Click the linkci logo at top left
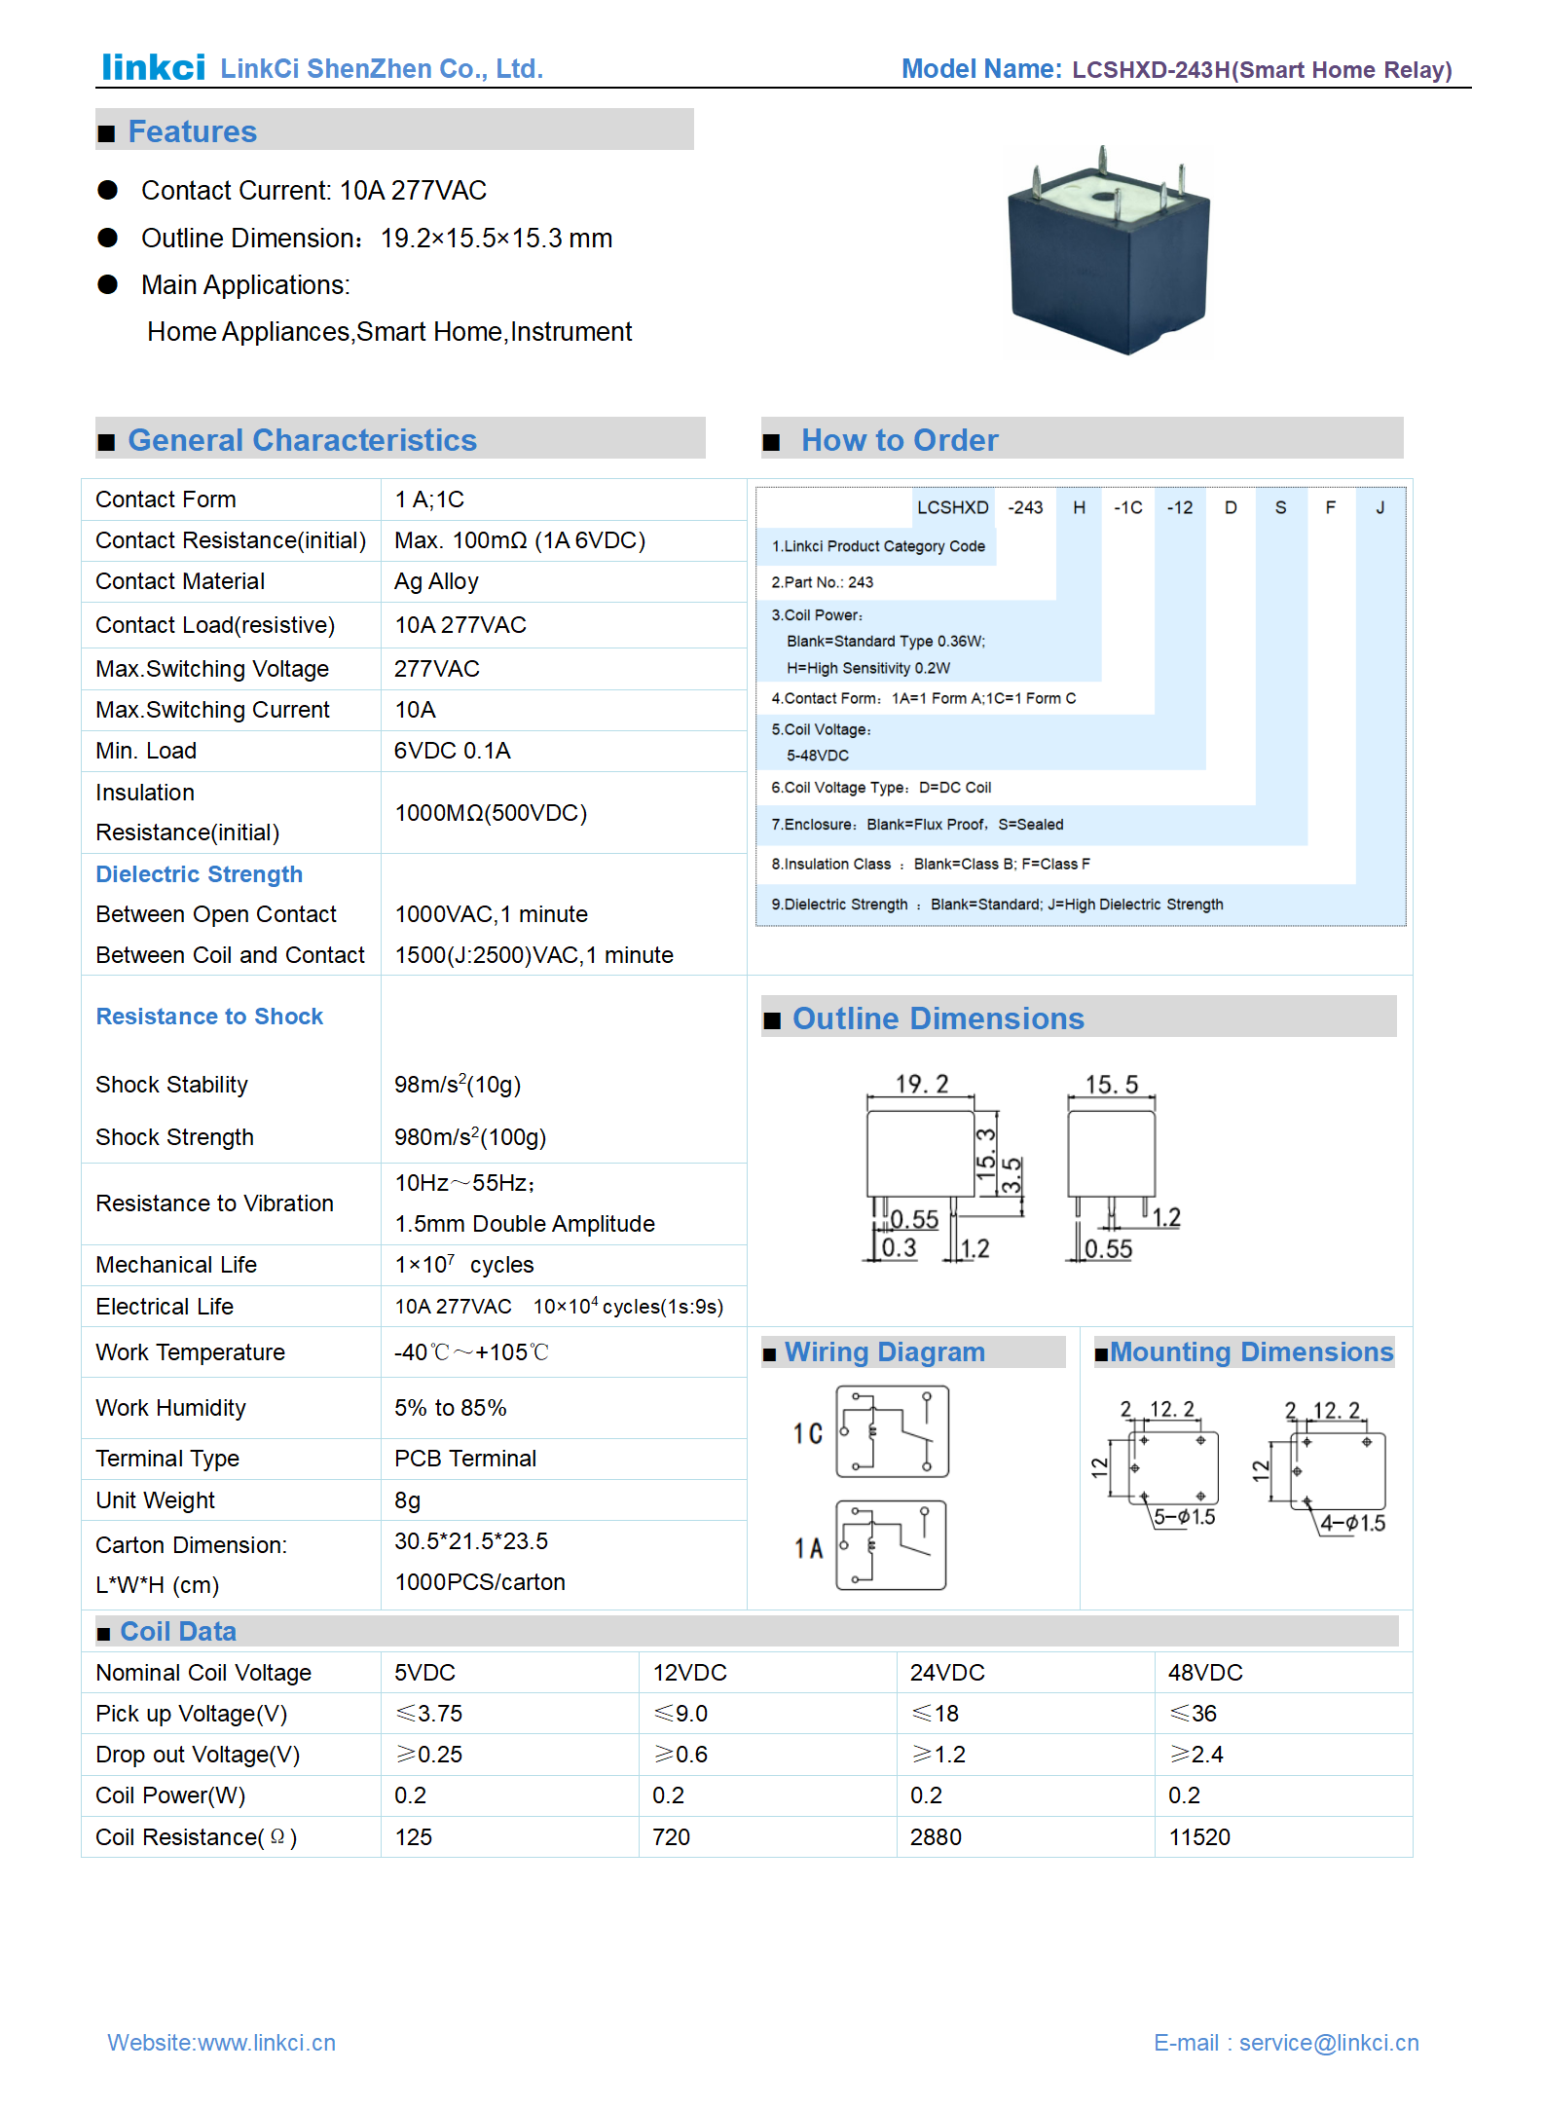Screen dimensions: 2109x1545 (x=154, y=67)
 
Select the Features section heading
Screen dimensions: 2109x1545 (x=192, y=131)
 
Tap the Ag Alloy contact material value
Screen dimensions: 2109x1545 (x=436, y=581)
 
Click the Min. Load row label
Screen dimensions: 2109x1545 (x=146, y=751)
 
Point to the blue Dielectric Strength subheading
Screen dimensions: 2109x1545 (x=199, y=874)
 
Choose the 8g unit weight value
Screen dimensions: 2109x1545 (x=407, y=1500)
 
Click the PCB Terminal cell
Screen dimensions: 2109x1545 (x=464, y=1459)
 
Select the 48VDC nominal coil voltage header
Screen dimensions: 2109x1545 (x=1204, y=1673)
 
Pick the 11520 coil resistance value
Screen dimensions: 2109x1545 (x=1198, y=1837)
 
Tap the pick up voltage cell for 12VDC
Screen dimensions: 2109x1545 (x=681, y=1714)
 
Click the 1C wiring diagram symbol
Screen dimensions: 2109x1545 (x=892, y=1432)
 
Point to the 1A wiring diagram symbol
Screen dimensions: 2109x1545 (x=890, y=1545)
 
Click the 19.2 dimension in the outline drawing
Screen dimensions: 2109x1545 (x=921, y=1084)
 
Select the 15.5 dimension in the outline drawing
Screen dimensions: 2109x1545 (x=1111, y=1085)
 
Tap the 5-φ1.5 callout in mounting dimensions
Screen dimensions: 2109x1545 (x=1184, y=1517)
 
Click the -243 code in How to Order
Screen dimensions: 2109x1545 (x=1025, y=507)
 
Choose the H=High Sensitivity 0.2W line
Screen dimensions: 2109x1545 (x=867, y=668)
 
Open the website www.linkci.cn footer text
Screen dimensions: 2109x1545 (x=221, y=2043)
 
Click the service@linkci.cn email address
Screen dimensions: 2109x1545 (x=1328, y=2043)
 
